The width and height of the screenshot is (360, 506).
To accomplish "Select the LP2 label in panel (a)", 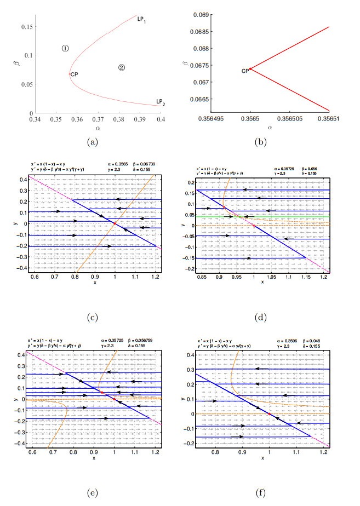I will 160,101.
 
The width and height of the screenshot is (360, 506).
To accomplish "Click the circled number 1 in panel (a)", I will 65,48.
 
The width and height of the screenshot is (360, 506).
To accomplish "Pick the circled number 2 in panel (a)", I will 122,67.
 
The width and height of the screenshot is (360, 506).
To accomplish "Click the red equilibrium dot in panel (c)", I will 115,223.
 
